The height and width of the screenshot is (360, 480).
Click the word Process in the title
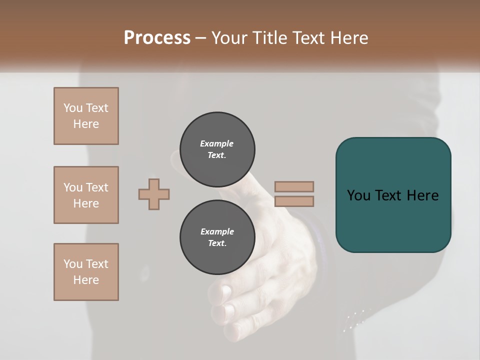[157, 38]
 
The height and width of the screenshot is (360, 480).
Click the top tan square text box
[86, 116]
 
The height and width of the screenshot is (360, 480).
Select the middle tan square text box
[86, 195]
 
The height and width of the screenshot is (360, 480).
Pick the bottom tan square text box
[86, 272]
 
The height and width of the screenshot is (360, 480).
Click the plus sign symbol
[154, 194]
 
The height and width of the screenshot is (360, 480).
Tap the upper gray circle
[217, 149]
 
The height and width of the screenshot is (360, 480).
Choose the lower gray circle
[217, 237]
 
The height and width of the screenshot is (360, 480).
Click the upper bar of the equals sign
[294, 187]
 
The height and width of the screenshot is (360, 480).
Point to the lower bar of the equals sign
[294, 201]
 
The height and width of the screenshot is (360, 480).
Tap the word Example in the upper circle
[217, 143]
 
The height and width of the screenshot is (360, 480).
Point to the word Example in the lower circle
[217, 231]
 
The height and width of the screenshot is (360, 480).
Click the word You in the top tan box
[72, 108]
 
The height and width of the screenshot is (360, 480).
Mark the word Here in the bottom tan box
[86, 280]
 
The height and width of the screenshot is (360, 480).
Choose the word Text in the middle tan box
[96, 187]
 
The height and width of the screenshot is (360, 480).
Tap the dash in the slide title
[200, 38]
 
